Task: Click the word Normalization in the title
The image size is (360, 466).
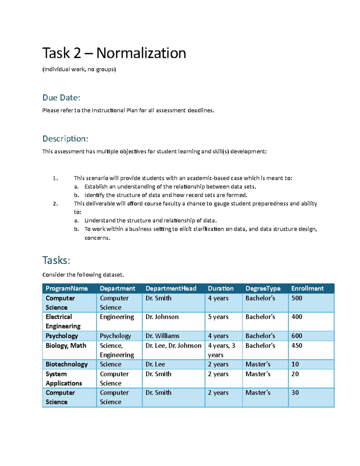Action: pyautogui.click(x=141, y=53)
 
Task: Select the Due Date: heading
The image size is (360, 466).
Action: pyautogui.click(x=61, y=98)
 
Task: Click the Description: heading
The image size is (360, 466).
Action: pyautogui.click(x=65, y=139)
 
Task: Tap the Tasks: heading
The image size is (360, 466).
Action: pyautogui.click(x=56, y=260)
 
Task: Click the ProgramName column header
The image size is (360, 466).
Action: pyautogui.click(x=67, y=288)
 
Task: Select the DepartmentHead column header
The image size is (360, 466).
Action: pyautogui.click(x=171, y=288)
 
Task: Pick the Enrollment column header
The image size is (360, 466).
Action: pyautogui.click(x=307, y=288)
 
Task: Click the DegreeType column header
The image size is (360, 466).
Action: pyautogui.click(x=263, y=288)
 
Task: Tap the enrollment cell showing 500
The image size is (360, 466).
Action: pyautogui.click(x=297, y=298)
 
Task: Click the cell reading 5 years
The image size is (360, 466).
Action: pyautogui.click(x=218, y=317)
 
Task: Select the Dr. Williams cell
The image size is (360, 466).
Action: pyautogui.click(x=162, y=336)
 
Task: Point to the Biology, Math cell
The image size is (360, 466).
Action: pyautogui.click(x=66, y=346)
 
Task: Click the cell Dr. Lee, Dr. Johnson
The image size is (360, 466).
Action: pyautogui.click(x=173, y=346)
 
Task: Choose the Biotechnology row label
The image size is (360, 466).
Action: pyautogui.click(x=67, y=364)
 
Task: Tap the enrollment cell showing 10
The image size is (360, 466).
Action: pyautogui.click(x=295, y=364)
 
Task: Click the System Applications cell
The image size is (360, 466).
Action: pyautogui.click(x=64, y=379)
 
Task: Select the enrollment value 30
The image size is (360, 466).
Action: pyautogui.click(x=295, y=392)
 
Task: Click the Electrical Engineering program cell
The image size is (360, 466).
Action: pyautogui.click(x=63, y=321)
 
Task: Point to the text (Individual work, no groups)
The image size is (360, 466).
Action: pyautogui.click(x=79, y=69)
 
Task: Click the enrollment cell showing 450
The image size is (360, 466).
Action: pyautogui.click(x=297, y=346)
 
